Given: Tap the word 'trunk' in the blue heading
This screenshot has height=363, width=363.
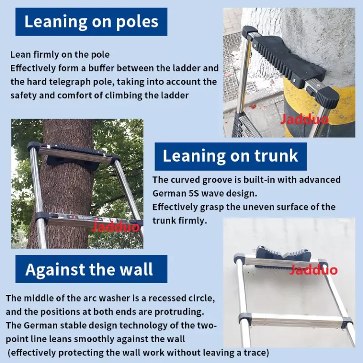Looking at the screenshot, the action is point(276,156).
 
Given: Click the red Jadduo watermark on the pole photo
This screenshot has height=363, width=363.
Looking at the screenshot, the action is point(304,119).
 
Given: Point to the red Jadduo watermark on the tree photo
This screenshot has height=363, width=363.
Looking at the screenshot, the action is point(116,226).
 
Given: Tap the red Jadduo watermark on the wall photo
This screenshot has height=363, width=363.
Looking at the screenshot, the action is point(313,270).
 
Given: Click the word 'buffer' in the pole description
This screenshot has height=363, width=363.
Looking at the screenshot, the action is point(101,68).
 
